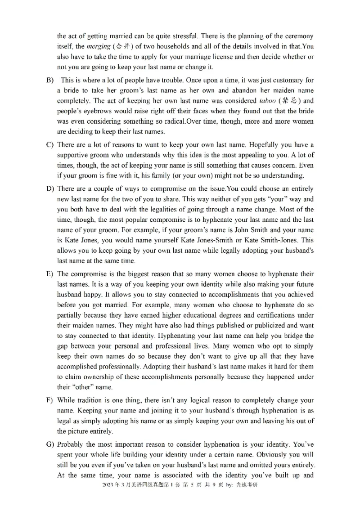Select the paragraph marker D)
click(x=49, y=188)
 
